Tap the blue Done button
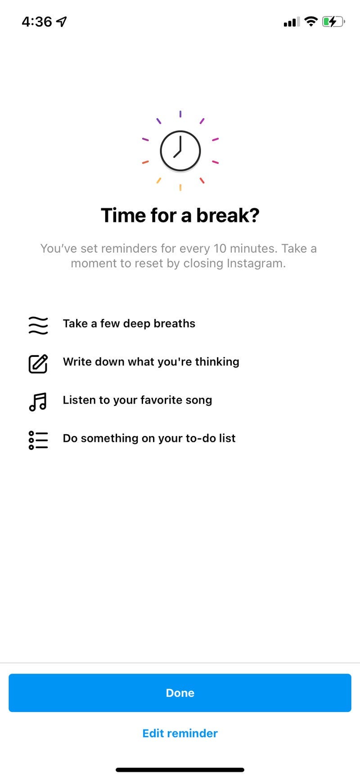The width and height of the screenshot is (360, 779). pyautogui.click(x=180, y=693)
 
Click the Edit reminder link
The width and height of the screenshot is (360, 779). pyautogui.click(x=180, y=733)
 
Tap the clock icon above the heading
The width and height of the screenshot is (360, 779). pyautogui.click(x=180, y=151)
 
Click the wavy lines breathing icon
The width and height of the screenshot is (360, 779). pyautogui.click(x=38, y=324)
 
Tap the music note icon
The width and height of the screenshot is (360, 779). pyautogui.click(x=38, y=401)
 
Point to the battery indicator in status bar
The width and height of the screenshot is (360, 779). pyautogui.click(x=333, y=21)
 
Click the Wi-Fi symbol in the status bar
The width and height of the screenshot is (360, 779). pyautogui.click(x=310, y=21)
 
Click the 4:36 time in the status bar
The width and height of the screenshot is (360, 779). pyautogui.click(x=37, y=21)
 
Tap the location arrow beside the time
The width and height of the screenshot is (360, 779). pyautogui.click(x=62, y=21)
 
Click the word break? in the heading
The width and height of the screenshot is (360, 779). pyautogui.click(x=228, y=215)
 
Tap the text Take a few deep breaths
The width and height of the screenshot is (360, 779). pyautogui.click(x=129, y=324)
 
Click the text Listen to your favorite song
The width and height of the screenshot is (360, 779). pyautogui.click(x=137, y=400)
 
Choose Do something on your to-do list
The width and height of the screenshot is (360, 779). pyautogui.click(x=149, y=438)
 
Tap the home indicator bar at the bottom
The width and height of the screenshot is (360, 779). pyautogui.click(x=180, y=770)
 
